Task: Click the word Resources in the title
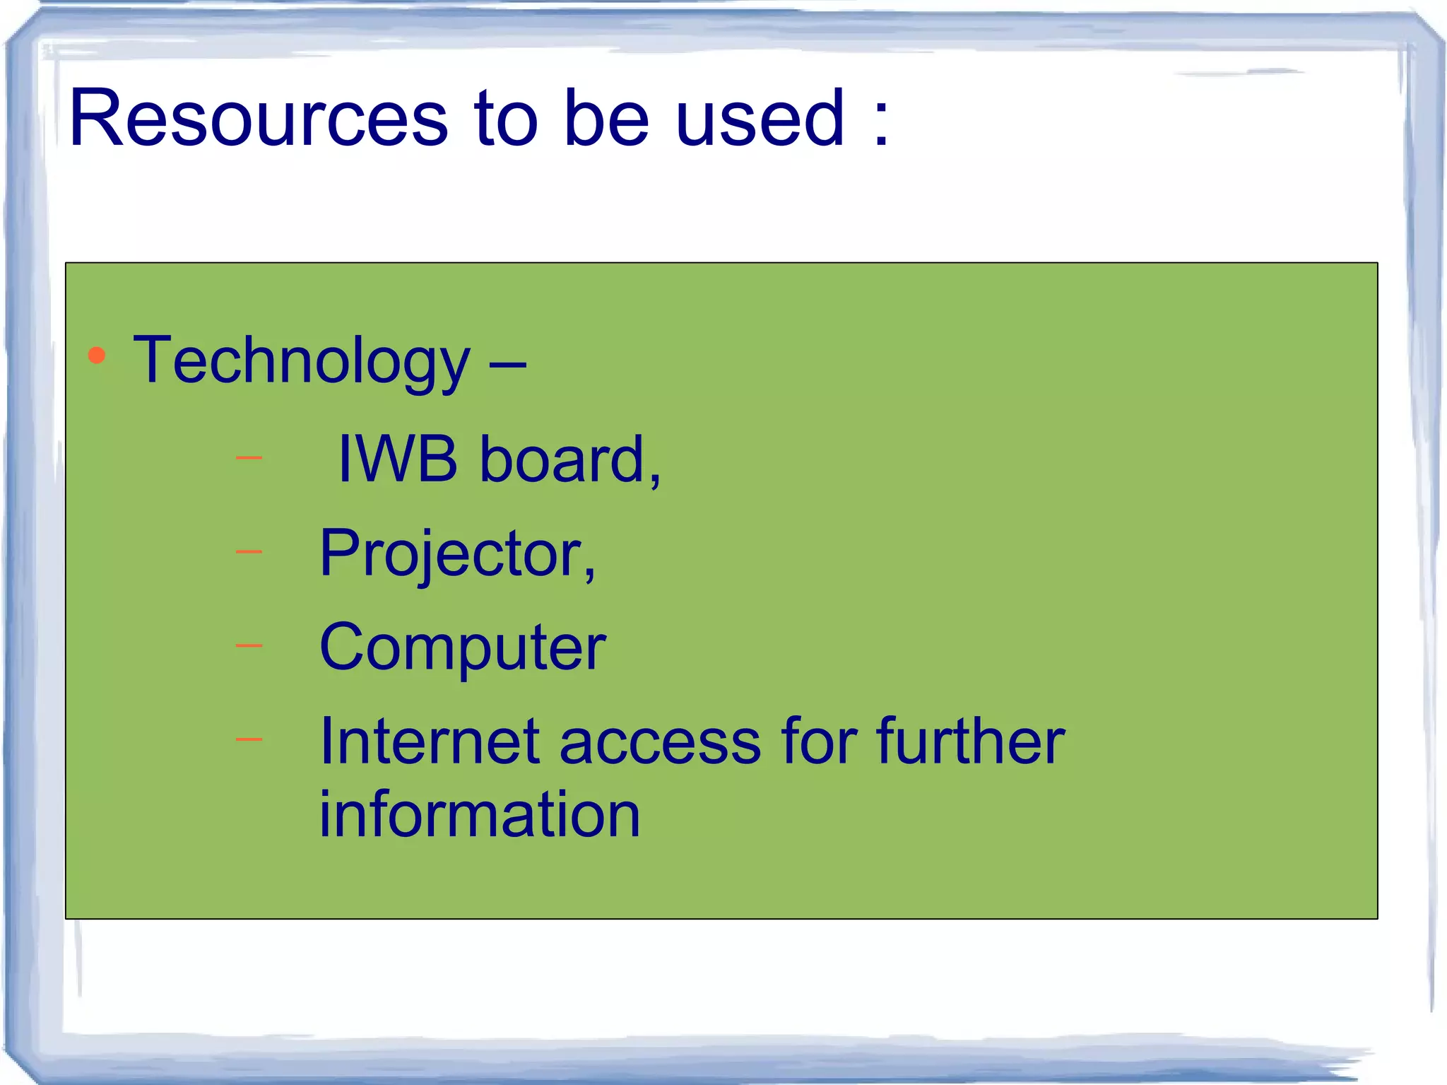click(259, 119)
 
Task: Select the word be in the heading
click(606, 119)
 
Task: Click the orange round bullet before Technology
click(97, 356)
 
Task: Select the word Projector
click(456, 555)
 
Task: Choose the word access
click(660, 743)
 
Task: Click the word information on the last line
click(480, 814)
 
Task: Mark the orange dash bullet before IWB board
click(249, 458)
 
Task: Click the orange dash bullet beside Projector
click(249, 551)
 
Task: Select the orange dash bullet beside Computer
click(249, 645)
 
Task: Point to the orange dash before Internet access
click(249, 739)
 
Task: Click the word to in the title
click(506, 119)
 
